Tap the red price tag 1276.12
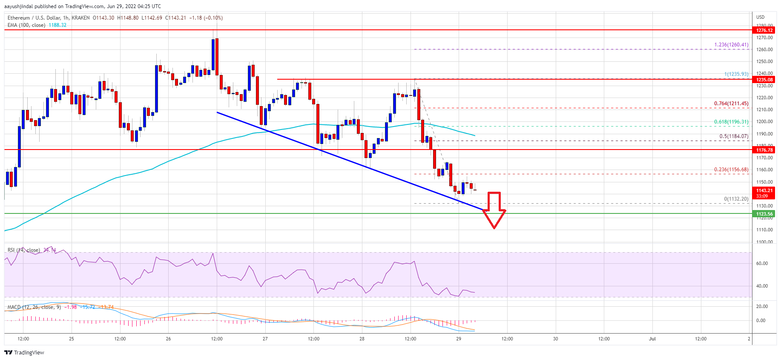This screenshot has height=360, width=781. pos(764,30)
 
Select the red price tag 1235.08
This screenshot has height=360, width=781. pos(764,80)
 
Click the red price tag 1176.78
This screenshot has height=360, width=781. pos(764,150)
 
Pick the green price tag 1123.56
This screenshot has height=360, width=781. pos(764,214)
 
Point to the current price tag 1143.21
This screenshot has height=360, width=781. pos(764,191)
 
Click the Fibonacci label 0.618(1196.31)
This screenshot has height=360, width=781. pos(731,122)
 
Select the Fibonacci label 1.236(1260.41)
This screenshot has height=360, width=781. pos(731,45)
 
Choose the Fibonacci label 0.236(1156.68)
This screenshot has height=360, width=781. pos(731,170)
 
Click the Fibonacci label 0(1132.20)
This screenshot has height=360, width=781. pos(736,199)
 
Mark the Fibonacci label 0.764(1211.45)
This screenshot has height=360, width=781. pos(731,104)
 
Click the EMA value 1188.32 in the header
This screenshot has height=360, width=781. pos(57,25)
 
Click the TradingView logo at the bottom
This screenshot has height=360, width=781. pos(24,352)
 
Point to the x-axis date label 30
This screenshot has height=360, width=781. pos(555,339)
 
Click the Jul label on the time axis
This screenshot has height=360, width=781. pos(652,339)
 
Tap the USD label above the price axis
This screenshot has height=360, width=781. pos(760,17)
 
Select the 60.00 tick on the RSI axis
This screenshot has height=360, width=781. pos(762,263)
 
